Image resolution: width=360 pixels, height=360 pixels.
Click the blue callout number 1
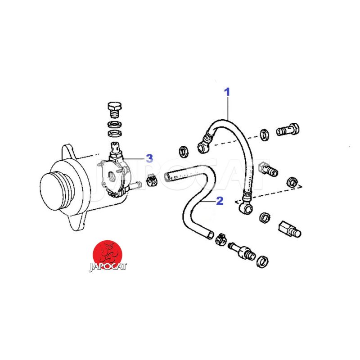(227, 92)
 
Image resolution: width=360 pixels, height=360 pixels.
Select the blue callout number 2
(220, 201)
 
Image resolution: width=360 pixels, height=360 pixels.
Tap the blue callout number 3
(149, 158)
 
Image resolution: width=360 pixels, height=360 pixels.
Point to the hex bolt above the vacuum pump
(115, 110)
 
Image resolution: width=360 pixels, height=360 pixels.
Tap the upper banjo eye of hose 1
(203, 147)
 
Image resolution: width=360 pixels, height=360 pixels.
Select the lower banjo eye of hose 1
(246, 208)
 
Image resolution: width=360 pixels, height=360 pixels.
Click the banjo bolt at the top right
(288, 130)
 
